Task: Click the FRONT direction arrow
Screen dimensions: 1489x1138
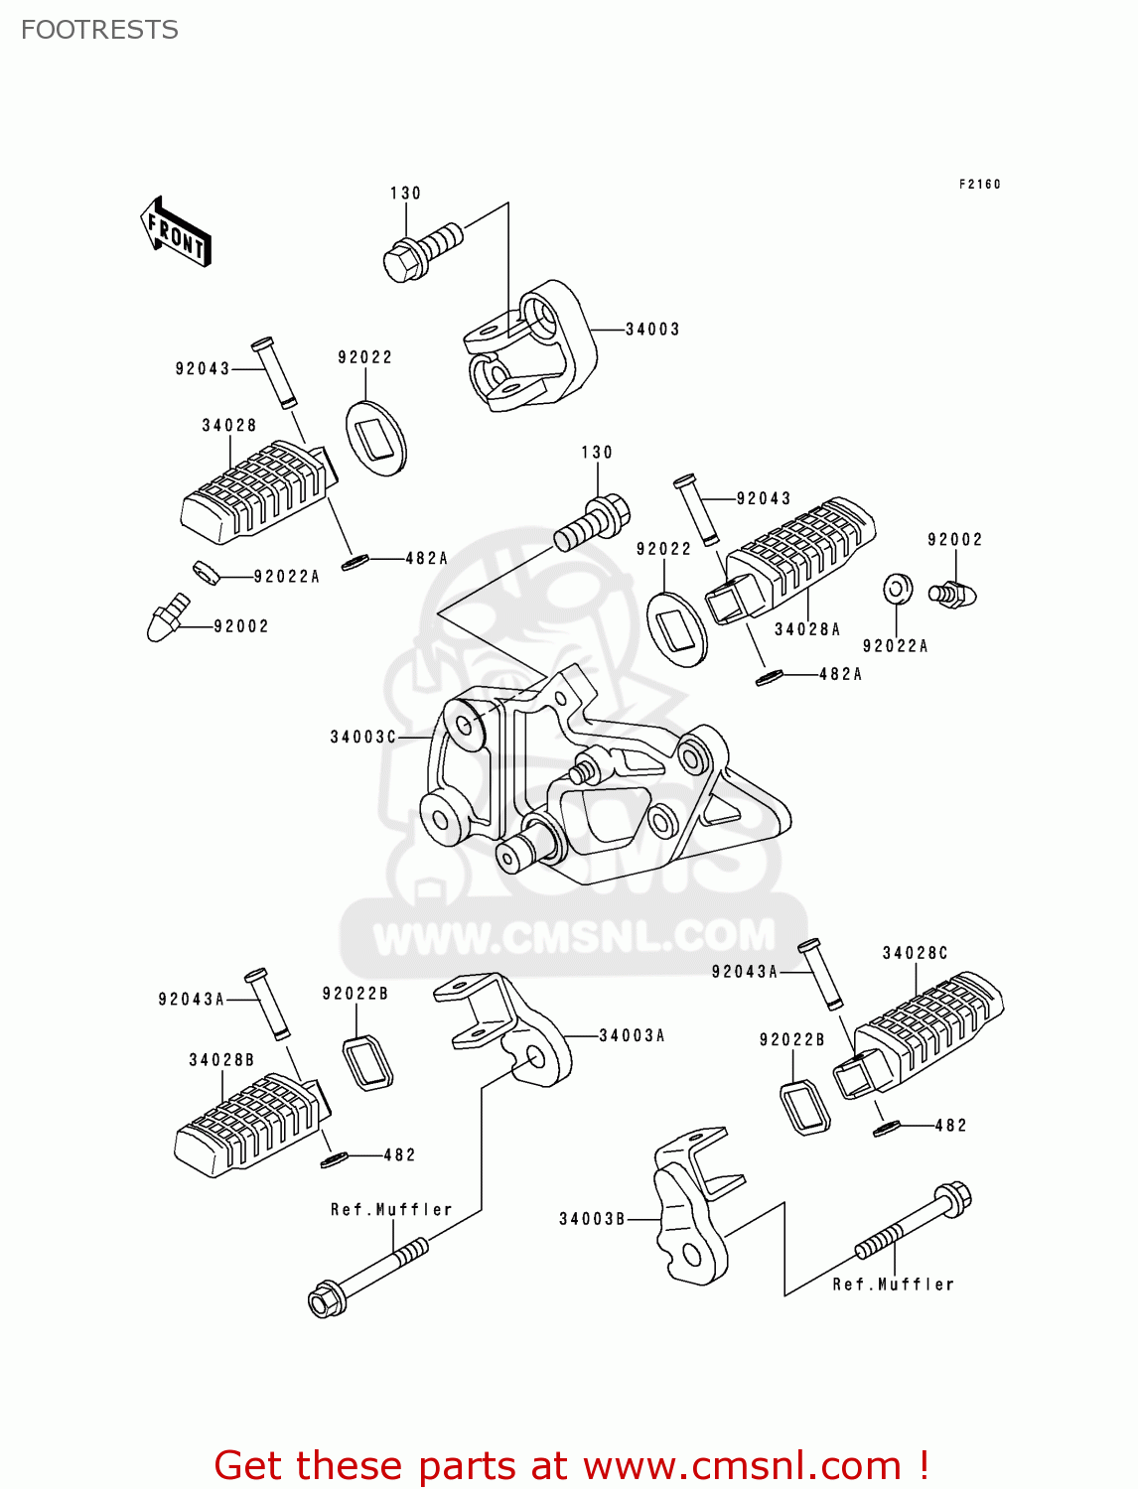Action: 177,232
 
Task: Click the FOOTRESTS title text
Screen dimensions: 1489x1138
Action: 99,30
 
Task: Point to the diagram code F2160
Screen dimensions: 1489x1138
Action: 979,185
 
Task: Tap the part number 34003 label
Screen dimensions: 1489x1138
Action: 652,330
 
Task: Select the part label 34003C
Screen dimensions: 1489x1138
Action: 363,737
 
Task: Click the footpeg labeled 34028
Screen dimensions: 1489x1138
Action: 254,493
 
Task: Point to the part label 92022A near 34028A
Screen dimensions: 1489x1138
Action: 895,646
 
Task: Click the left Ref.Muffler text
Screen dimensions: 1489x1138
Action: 391,1209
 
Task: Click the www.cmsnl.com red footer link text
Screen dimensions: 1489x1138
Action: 741,1465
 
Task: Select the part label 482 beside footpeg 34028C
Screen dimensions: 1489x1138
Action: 950,1125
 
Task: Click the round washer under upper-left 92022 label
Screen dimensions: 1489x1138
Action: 375,437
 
